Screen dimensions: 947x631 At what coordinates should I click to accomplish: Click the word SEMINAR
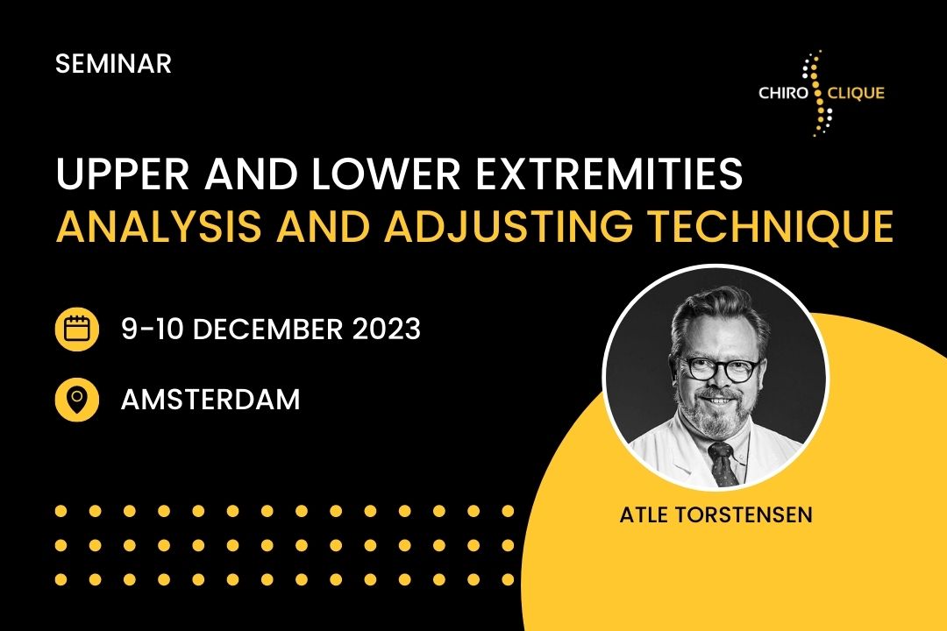[113, 63]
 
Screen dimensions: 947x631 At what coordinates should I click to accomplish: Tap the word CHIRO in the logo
[783, 93]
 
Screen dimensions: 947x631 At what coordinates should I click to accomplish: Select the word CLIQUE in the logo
[856, 93]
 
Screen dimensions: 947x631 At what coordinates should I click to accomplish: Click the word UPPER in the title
[123, 174]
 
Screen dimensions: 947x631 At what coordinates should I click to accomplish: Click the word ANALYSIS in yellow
[159, 226]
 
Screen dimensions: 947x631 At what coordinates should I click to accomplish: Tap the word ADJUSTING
[509, 226]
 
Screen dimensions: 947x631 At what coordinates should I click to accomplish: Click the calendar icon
[76, 330]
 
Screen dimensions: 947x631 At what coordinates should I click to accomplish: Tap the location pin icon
[76, 399]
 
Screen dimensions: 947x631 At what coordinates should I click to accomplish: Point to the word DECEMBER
[268, 330]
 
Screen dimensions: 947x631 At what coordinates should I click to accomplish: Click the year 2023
[387, 330]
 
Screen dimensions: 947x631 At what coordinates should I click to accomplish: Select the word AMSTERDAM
[210, 400]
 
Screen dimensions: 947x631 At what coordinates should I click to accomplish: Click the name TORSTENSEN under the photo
[744, 515]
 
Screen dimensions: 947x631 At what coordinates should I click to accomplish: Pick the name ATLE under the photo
[644, 515]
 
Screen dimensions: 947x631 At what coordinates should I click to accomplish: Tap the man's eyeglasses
[719, 368]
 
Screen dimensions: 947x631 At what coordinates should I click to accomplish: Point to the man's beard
[717, 411]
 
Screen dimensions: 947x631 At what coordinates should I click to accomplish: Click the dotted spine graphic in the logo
[819, 93]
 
